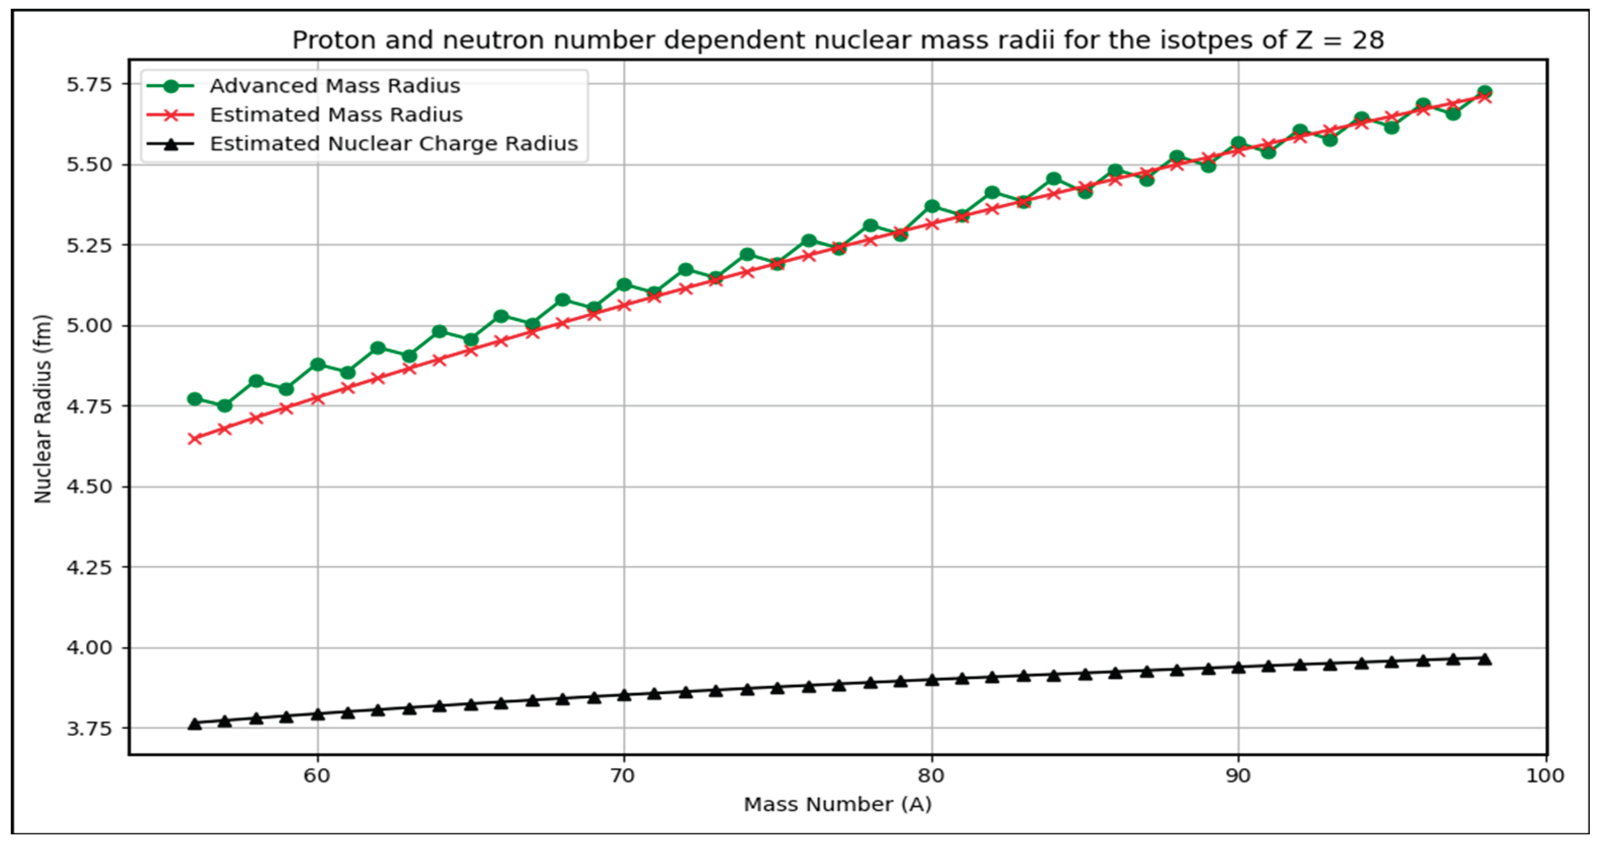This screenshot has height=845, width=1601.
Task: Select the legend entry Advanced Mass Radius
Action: (334, 86)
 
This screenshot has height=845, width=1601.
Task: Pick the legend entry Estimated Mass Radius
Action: (335, 115)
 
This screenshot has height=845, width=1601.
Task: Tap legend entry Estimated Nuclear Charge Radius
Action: (393, 143)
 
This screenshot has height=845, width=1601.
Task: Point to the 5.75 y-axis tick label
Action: (89, 84)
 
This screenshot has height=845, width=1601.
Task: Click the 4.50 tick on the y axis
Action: (89, 486)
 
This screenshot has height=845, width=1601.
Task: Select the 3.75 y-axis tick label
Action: (89, 728)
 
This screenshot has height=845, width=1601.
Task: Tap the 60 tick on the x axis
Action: (317, 775)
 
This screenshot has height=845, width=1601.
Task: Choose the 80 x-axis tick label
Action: (931, 775)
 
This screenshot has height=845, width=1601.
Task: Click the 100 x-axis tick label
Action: (1545, 775)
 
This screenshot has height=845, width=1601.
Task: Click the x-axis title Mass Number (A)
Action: (837, 805)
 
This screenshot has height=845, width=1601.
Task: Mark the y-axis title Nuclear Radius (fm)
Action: (42, 409)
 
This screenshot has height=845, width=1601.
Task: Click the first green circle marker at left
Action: (195, 399)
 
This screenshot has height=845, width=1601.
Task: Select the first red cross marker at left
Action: (195, 439)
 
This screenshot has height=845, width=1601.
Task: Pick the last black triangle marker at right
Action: (1485, 659)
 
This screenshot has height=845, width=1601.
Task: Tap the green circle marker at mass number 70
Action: (624, 285)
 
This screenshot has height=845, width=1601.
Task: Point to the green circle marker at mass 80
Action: (931, 206)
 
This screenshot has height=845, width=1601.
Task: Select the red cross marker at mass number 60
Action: (317, 398)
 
